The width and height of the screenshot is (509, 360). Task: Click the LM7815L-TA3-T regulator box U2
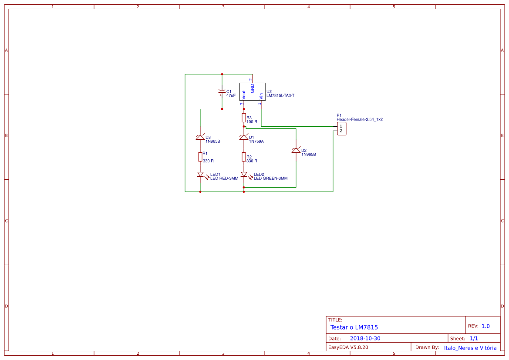click(252, 91)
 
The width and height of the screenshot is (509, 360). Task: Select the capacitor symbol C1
click(222, 92)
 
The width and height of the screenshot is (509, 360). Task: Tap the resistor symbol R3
click(244, 118)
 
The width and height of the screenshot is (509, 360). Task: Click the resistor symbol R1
click(200, 157)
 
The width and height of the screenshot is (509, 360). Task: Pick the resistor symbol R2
click(244, 157)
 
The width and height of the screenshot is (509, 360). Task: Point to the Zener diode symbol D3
click(200, 138)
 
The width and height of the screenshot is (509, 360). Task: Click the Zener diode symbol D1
click(244, 138)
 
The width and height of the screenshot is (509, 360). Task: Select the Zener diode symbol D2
click(296, 151)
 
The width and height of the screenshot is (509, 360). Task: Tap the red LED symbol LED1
click(200, 175)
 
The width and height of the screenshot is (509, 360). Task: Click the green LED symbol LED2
click(244, 175)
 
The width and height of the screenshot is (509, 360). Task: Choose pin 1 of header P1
click(341, 126)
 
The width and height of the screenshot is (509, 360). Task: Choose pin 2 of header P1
click(341, 131)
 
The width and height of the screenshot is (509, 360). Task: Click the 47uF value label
click(231, 95)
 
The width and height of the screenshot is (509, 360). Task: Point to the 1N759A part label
click(256, 141)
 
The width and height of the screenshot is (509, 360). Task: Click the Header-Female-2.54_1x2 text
click(359, 119)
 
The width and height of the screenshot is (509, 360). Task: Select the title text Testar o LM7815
click(354, 327)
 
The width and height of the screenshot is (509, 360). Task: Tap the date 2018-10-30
click(365, 339)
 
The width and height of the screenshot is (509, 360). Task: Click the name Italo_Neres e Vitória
click(470, 348)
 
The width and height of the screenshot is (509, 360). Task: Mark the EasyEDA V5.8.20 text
click(348, 347)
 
